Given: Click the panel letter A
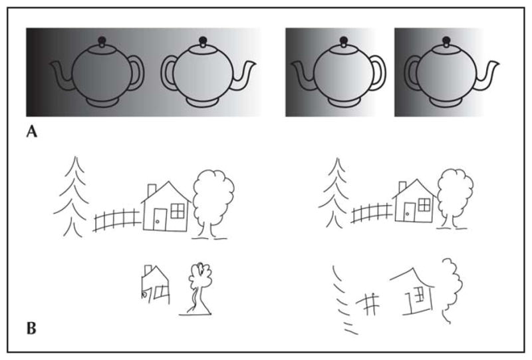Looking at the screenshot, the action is [x=31, y=132].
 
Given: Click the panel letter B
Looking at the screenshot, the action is [x=31, y=329].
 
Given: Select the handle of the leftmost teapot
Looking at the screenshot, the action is [x=137, y=73].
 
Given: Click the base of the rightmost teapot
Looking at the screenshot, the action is [x=446, y=102].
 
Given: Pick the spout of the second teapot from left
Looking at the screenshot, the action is [x=244, y=77].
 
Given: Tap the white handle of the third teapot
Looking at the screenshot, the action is [x=378, y=73].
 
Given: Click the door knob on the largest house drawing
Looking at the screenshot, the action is [x=157, y=222].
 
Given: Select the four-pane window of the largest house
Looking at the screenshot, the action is [x=178, y=211].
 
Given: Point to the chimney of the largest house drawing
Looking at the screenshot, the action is [x=152, y=190].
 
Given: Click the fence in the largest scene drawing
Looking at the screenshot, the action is [x=117, y=220].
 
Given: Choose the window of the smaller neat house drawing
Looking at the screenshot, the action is [x=424, y=205].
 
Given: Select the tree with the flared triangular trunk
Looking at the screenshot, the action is [x=196, y=289].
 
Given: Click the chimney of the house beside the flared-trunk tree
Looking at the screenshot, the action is [x=148, y=270].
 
